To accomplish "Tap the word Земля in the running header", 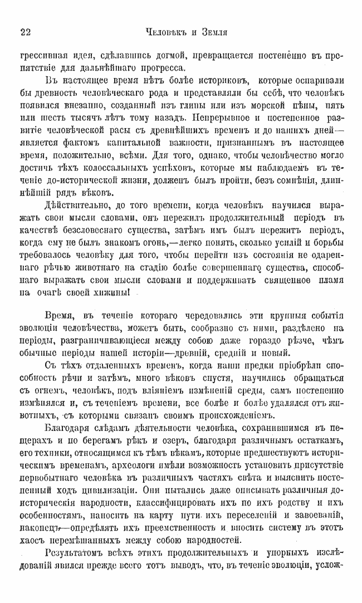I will click(x=213, y=33).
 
